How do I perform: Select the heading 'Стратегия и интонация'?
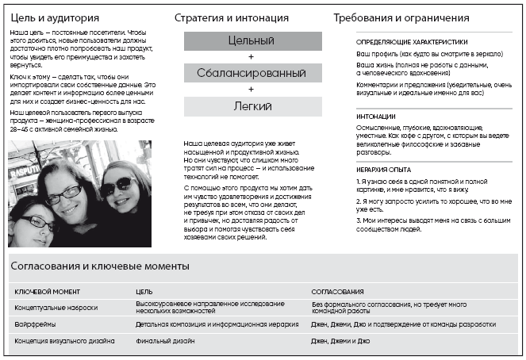pyautogui.click(x=232, y=17)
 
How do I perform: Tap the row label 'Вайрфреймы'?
pyautogui.click(x=36, y=324)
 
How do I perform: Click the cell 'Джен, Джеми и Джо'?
pyautogui.click(x=341, y=341)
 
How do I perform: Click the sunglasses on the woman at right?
pyautogui.click(x=118, y=185)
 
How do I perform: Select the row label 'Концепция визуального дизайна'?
pyautogui.click(x=64, y=341)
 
